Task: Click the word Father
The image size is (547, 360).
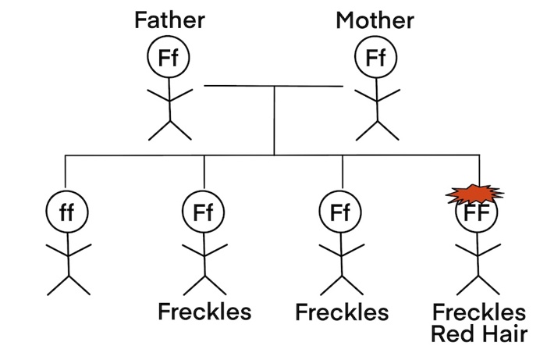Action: (169, 20)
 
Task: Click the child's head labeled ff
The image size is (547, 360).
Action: (67, 212)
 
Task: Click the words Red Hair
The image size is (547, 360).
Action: (479, 334)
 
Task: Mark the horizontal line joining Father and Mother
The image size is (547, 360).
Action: (272, 85)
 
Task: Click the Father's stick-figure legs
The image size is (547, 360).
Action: (169, 128)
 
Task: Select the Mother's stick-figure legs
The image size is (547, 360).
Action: (377, 128)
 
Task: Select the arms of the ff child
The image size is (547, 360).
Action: (69, 251)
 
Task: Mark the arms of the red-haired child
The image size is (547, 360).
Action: (478, 251)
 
